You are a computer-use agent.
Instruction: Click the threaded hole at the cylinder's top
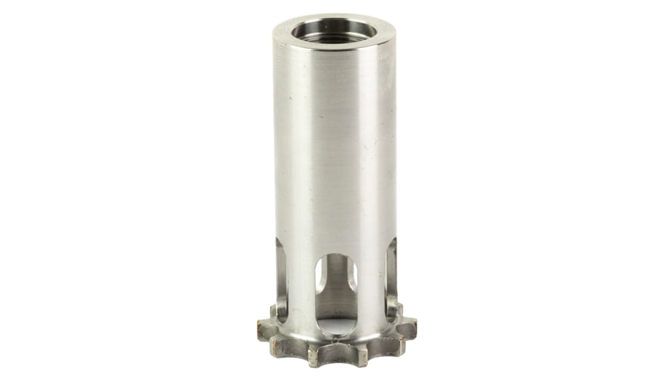[334, 31]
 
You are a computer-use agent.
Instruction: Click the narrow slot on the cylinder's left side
[281, 278]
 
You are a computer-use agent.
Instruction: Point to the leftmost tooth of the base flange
[264, 328]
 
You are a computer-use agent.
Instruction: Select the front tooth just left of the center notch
[315, 354]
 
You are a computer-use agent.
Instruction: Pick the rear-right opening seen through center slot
[351, 274]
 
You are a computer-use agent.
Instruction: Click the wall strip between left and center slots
[301, 288]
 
